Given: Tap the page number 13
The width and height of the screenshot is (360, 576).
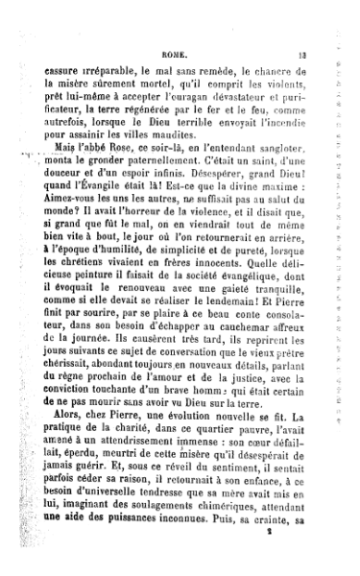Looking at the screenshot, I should [327, 57].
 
